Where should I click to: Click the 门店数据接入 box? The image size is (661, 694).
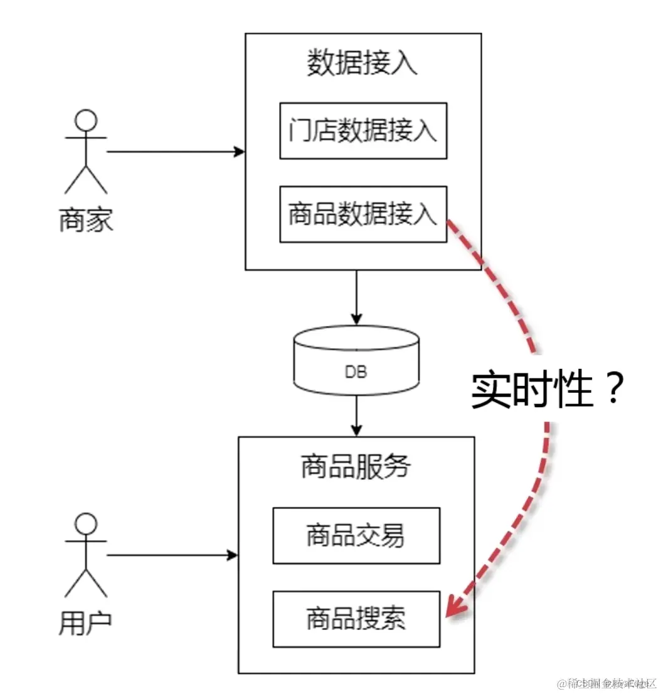(x=363, y=131)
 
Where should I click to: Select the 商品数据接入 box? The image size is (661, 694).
(x=363, y=214)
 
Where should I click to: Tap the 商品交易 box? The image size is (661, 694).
(x=356, y=536)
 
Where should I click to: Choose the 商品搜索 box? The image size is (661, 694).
(x=356, y=619)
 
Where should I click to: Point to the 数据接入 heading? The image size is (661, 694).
(x=362, y=63)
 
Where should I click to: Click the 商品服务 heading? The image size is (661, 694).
(x=356, y=467)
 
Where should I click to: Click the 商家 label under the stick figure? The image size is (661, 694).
(x=86, y=221)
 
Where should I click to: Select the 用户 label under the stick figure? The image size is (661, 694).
(x=86, y=623)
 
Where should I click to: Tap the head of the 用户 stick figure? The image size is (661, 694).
(x=87, y=523)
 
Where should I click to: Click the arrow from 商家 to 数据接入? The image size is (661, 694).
(x=176, y=152)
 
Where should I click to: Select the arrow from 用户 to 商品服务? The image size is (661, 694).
(x=172, y=555)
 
